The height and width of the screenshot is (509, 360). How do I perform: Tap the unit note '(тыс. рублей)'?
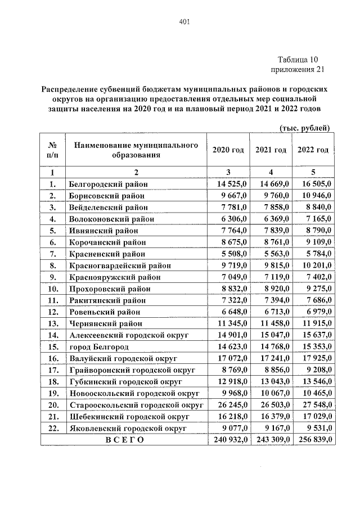(x=304, y=128)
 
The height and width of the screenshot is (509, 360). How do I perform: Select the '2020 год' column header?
(x=228, y=150)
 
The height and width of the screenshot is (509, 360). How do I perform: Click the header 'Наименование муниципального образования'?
(x=136, y=150)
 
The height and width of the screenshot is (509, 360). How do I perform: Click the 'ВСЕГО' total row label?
(x=124, y=440)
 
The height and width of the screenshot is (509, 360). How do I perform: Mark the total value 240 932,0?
(x=228, y=440)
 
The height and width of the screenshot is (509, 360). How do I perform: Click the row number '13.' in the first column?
(x=52, y=323)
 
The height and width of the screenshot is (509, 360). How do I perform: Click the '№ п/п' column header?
(x=52, y=150)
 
